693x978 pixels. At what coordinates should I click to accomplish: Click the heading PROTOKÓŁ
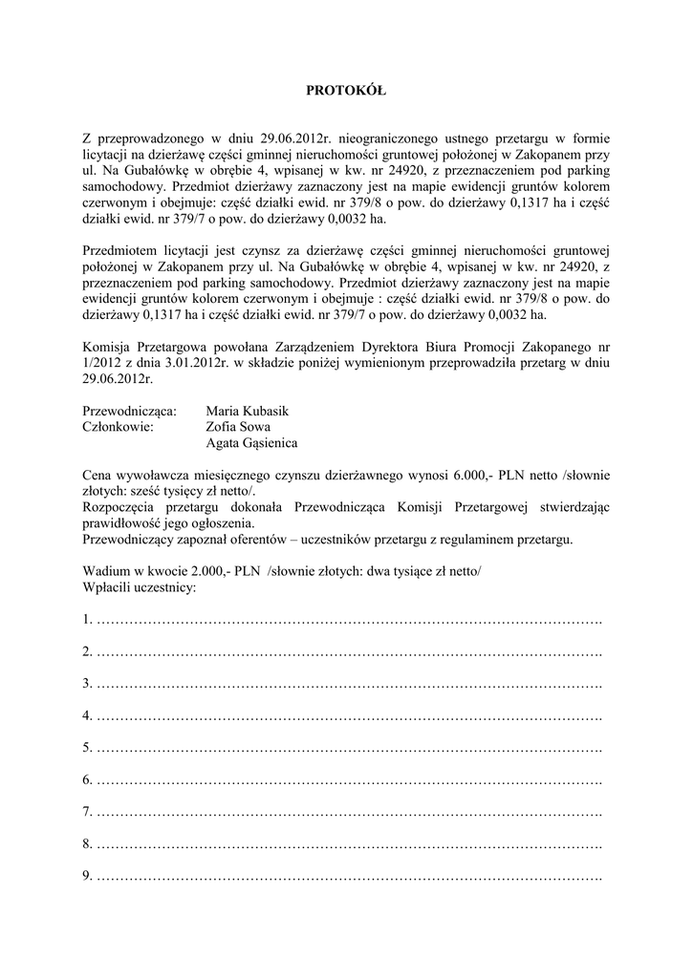345,92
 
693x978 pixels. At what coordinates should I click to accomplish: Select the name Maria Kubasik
247,411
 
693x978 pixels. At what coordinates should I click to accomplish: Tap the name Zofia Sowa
239,427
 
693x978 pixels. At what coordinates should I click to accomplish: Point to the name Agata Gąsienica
251,443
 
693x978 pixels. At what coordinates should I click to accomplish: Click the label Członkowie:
119,427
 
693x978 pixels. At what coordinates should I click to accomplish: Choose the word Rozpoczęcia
120,507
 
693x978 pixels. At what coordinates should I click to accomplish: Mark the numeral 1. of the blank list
88,621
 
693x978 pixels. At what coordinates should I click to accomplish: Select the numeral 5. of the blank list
88,748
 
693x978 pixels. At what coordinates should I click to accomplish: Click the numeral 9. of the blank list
88,876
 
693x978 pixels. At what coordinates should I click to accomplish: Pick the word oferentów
248,540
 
